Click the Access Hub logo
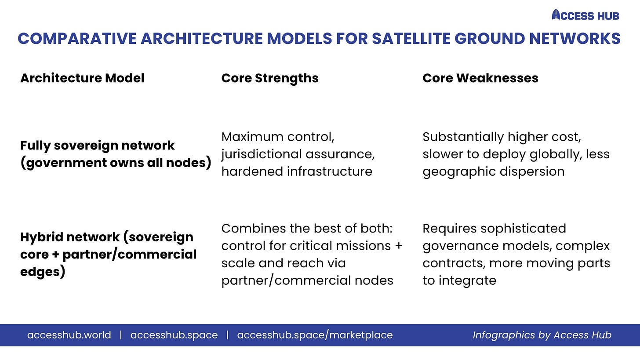point(585,15)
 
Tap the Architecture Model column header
point(82,78)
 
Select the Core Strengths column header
point(270,78)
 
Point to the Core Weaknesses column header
point(480,78)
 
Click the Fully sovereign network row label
point(116,154)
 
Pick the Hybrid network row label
point(108,254)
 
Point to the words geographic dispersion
point(494,172)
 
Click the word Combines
point(253,229)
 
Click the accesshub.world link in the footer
point(69,335)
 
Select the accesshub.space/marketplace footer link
point(315,335)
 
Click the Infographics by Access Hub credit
point(542,335)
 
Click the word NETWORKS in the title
point(575,39)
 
